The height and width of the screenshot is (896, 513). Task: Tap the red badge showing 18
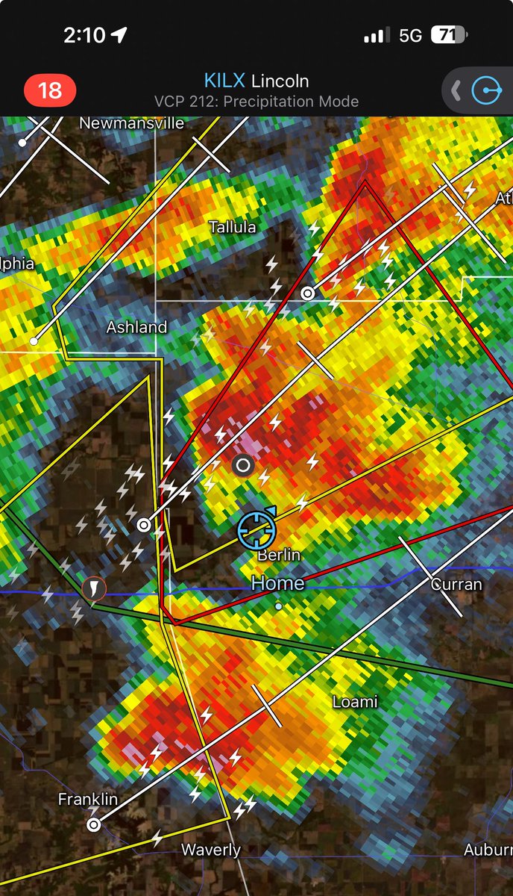click(x=50, y=91)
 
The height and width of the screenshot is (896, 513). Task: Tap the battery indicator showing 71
click(x=449, y=34)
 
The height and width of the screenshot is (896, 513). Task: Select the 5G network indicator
click(x=410, y=35)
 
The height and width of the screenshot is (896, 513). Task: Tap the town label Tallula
click(x=232, y=227)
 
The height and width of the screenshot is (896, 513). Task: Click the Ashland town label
click(x=136, y=327)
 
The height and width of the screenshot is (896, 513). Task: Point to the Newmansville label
click(x=132, y=123)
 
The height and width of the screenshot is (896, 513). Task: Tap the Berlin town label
click(x=279, y=555)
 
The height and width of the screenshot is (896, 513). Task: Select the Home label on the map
click(x=277, y=583)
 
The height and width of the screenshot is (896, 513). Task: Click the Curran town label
click(x=456, y=584)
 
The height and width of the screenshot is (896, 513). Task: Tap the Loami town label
click(x=355, y=702)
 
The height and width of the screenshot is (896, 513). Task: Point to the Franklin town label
click(x=88, y=800)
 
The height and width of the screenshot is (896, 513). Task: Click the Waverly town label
click(x=211, y=850)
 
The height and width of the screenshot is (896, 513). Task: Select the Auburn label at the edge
click(x=488, y=850)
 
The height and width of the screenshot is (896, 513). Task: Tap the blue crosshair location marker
click(x=256, y=529)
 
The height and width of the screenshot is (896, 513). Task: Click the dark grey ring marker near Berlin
click(x=242, y=467)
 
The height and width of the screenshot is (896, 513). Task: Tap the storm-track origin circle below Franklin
click(x=93, y=824)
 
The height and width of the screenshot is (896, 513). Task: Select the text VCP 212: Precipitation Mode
click(x=256, y=102)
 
